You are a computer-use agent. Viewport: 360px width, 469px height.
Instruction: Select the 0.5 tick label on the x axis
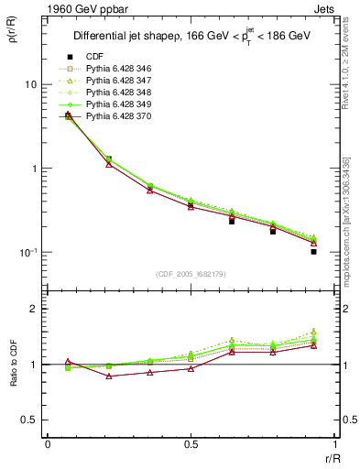coord(191,445)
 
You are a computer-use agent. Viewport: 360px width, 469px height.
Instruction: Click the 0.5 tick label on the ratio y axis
coord(28,420)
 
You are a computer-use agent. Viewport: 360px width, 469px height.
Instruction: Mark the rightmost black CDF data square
coord(313,251)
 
